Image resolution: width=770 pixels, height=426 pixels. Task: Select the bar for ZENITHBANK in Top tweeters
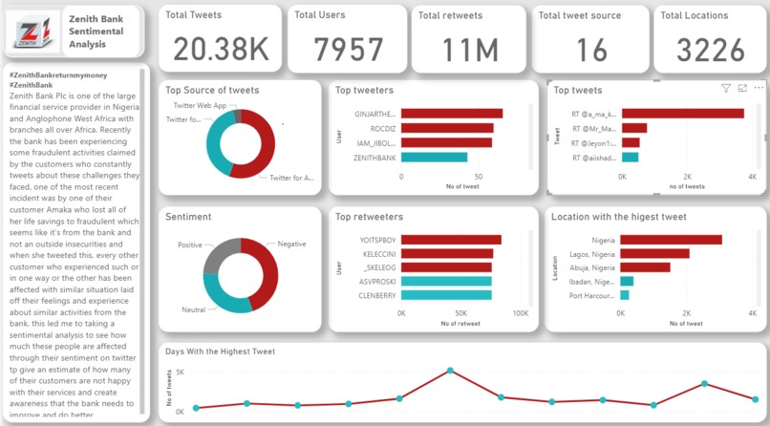tap(435, 158)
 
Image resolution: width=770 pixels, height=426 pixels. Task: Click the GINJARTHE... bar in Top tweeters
tap(452, 114)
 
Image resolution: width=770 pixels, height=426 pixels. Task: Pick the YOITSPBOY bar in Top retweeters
tap(451, 240)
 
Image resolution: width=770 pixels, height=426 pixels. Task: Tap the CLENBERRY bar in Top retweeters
tap(446, 295)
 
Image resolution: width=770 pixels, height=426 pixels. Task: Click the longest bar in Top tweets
tap(683, 114)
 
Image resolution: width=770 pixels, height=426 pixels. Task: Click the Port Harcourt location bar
tap(625, 295)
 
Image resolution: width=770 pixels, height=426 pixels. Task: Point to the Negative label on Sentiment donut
tap(291, 244)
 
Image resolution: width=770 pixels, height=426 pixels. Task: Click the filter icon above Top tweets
tap(725, 88)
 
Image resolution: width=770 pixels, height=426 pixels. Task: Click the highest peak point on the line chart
tap(450, 370)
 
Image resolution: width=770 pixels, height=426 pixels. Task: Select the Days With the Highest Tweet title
tap(220, 351)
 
